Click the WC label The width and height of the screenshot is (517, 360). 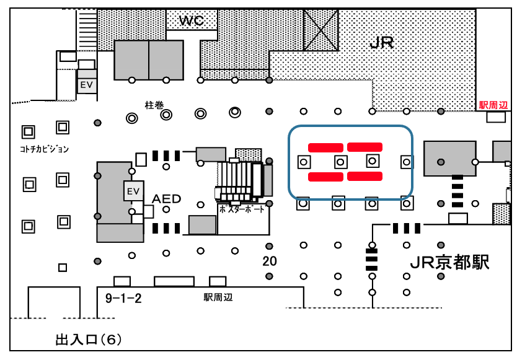(192, 21)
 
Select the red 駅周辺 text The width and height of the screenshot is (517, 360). (493, 105)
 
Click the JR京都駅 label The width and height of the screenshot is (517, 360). (450, 263)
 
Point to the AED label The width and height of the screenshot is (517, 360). (167, 199)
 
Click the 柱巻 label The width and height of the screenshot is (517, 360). (154, 105)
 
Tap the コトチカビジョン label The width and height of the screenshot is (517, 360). (43, 149)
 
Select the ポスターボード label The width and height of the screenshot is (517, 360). (242, 209)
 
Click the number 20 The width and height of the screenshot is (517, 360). (270, 261)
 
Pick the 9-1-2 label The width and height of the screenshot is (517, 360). (123, 299)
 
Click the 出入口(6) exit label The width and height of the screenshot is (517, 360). (89, 340)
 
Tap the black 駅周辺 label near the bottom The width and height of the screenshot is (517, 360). (218, 297)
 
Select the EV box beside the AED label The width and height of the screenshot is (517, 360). (133, 191)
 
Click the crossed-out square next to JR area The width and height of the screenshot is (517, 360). (321, 30)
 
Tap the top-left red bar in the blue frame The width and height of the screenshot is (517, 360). (325, 147)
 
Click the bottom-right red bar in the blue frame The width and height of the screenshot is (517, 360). (365, 177)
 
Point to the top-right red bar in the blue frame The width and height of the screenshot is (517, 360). (365, 147)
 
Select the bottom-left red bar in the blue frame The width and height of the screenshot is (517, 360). (325, 177)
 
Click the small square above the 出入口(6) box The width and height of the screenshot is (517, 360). (62, 268)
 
